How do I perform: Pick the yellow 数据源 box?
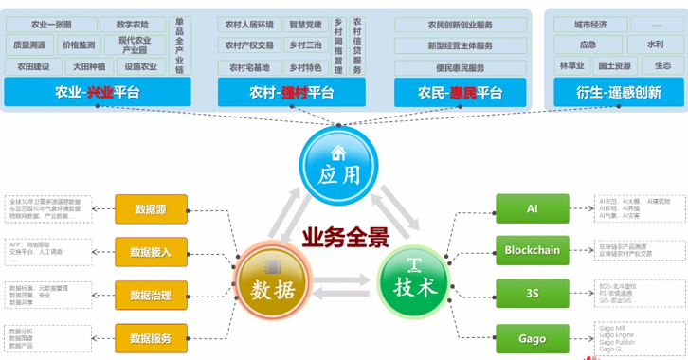[151, 209]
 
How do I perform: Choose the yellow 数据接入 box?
[151, 251]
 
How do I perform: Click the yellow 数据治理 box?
[151, 295]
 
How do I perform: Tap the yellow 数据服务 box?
[151, 337]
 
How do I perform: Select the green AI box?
[533, 207]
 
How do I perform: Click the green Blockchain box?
[533, 250]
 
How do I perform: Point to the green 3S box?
[533, 294]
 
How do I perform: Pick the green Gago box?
[533, 337]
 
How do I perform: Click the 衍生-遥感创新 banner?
[617, 92]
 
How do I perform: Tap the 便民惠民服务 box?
[461, 67]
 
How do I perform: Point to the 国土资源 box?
[615, 66]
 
